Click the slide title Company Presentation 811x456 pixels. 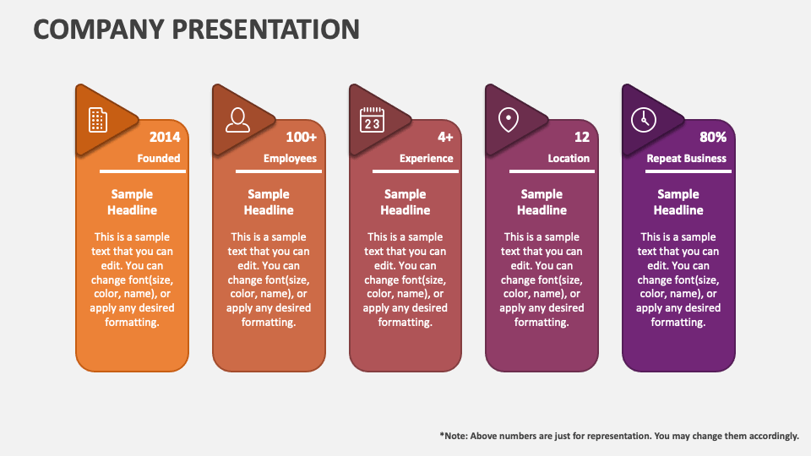coord(196,29)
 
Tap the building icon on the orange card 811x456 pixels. coord(98,120)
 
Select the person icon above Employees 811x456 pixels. coord(237,120)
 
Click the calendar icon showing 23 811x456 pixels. coord(372,120)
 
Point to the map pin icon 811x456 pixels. coord(508,120)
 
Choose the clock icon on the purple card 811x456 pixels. coord(644,120)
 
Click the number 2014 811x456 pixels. coord(165,137)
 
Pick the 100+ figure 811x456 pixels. coord(301,137)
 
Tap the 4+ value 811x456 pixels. coord(445,137)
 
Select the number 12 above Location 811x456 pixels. coord(582,137)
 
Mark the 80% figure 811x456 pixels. coord(713,137)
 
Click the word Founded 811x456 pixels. coord(159,158)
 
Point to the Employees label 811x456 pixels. coord(290,158)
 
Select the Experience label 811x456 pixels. coord(426,158)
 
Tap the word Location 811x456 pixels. coord(569,158)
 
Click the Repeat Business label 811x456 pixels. coord(686,158)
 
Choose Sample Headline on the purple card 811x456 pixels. coord(678,202)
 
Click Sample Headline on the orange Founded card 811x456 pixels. coord(132,202)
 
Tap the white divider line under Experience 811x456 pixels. coord(405,171)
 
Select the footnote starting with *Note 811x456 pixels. coord(618,436)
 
